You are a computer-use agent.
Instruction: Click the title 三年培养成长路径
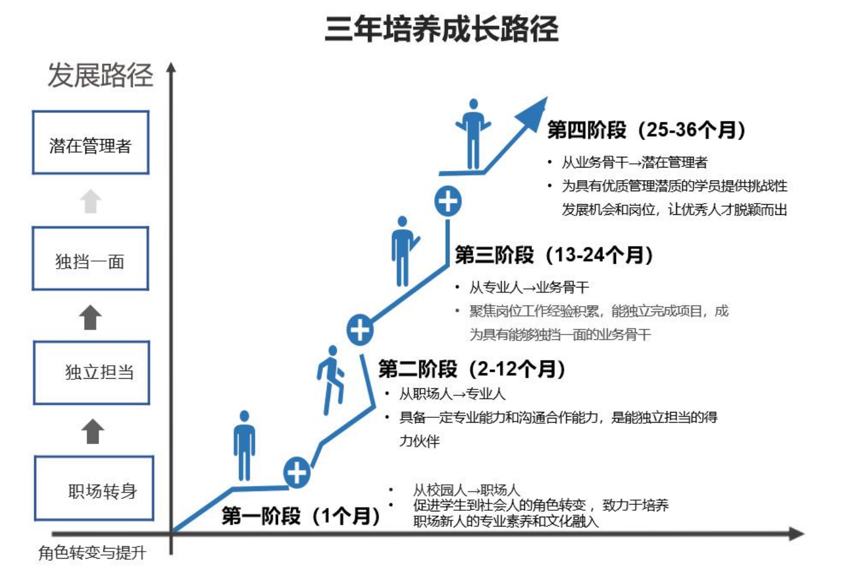pyautogui.click(x=441, y=29)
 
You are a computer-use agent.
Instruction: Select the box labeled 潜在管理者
pyautogui.click(x=91, y=143)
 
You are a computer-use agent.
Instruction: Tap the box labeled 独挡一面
pyautogui.click(x=90, y=259)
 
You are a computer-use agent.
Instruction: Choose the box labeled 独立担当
pyautogui.click(x=92, y=372)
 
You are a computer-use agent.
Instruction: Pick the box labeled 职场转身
pyautogui.click(x=94, y=488)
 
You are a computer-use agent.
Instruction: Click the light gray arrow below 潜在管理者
pyautogui.click(x=91, y=201)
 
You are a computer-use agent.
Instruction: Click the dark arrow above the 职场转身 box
pyautogui.click(x=92, y=431)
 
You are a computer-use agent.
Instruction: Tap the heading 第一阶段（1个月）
pyautogui.click(x=301, y=516)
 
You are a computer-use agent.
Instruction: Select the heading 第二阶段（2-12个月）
pyautogui.click(x=471, y=369)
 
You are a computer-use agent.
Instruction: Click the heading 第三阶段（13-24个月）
pyautogui.click(x=554, y=255)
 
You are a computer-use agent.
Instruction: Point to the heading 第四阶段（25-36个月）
pyautogui.click(x=646, y=130)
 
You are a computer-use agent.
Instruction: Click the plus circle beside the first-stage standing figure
pyautogui.click(x=296, y=472)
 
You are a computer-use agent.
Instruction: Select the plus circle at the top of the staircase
pyautogui.click(x=448, y=201)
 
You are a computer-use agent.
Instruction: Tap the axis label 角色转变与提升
pyautogui.click(x=92, y=553)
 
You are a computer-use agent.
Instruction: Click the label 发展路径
pyautogui.click(x=100, y=75)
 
